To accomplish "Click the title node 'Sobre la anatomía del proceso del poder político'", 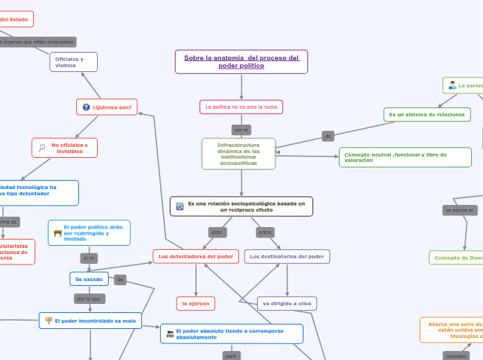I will coord(241,62).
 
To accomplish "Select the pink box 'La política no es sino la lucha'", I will coord(241,107).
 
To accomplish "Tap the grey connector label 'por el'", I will coord(241,129).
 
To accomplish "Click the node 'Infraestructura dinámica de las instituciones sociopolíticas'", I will coord(238,154).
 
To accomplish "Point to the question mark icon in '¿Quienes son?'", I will coord(86,107).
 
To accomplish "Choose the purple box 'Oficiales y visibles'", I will coord(73,62).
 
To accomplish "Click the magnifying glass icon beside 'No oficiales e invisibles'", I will coord(42,148).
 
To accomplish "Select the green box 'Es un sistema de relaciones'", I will coord(427,114).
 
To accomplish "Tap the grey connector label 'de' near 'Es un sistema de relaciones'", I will coord(328,136).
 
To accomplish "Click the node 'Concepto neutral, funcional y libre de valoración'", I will coord(405,157).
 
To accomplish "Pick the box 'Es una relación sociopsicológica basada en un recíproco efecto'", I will coord(241,206).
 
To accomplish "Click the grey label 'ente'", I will coord(217,232).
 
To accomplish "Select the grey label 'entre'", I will coord(265,232).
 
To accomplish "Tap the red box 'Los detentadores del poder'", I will coord(195,257).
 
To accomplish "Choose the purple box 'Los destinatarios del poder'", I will coord(287,257).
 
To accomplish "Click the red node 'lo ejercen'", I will coord(195,303).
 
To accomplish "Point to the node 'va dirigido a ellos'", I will coord(287,303).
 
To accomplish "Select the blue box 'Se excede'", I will coord(89,279).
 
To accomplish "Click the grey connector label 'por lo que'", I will coord(89,299).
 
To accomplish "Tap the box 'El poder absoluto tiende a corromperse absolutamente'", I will coord(231,334).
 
